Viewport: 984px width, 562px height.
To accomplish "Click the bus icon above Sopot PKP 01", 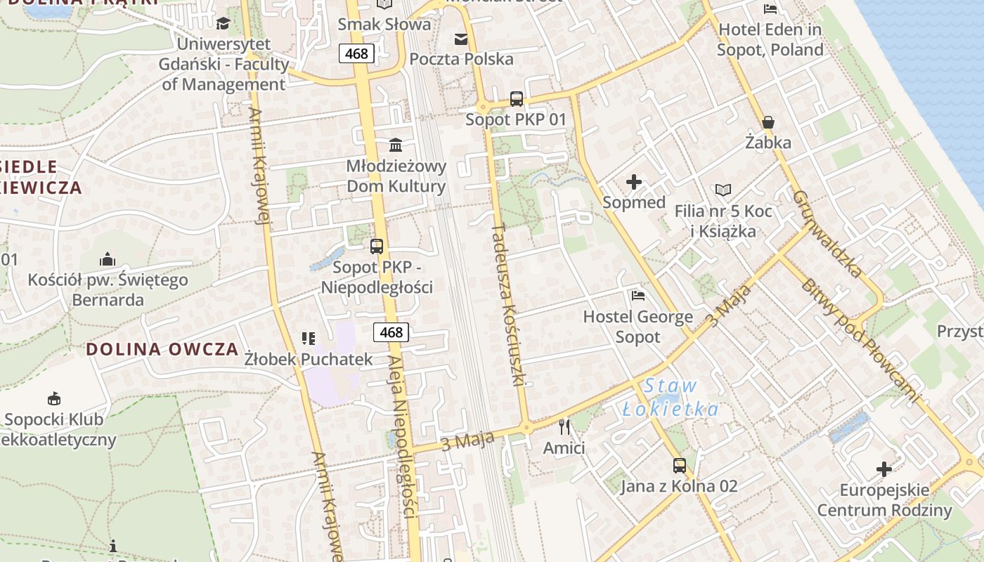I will (517, 99).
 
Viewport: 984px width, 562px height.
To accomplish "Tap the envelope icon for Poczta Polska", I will (461, 39).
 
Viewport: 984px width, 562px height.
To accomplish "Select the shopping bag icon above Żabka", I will (768, 122).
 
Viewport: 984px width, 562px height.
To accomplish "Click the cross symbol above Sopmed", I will (634, 183).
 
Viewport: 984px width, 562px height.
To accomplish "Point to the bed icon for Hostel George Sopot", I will (638, 296).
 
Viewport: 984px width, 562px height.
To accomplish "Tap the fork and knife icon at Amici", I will (564, 426).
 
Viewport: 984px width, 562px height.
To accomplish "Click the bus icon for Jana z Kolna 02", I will (679, 465).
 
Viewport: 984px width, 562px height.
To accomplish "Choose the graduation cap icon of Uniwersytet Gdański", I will (223, 23).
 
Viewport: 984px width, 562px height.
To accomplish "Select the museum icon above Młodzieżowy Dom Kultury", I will (396, 145).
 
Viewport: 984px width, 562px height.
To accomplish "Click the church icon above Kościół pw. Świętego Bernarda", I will (108, 259).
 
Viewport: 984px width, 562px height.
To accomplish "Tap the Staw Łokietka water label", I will (671, 398).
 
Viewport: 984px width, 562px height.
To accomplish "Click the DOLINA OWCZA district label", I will (162, 349).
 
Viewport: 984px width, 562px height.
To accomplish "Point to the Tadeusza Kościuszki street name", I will (509, 305).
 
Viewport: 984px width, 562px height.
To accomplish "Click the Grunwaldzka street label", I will (827, 233).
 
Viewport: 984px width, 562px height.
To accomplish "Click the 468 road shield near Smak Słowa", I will (356, 53).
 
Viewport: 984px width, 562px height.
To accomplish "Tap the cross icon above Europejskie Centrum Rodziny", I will (884, 469).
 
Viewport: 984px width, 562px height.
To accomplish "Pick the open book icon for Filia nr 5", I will (723, 190).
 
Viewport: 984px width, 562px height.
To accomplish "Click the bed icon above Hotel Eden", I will (770, 8).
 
